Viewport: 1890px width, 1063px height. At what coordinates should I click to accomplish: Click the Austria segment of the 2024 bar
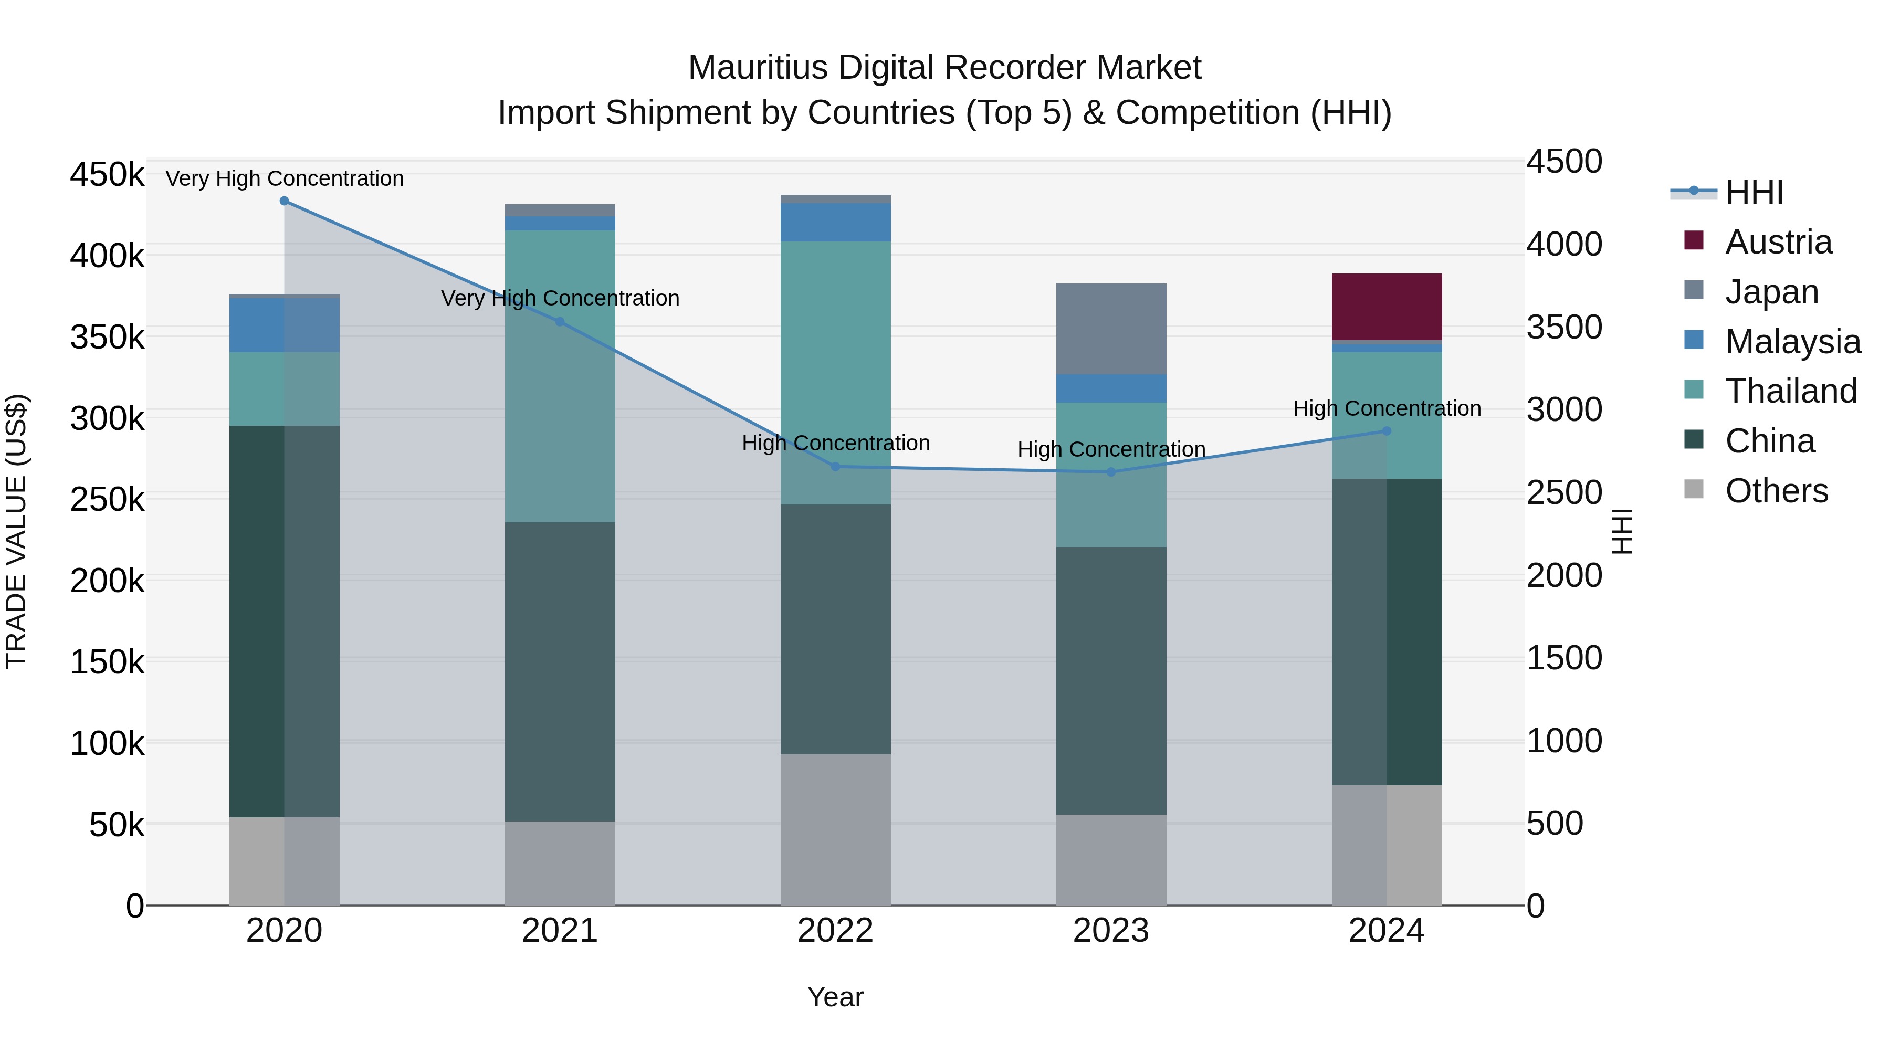[x=1386, y=307]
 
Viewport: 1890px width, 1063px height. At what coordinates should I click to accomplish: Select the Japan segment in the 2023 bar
[x=1111, y=329]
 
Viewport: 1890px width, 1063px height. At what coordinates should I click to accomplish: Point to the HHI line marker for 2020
[x=285, y=201]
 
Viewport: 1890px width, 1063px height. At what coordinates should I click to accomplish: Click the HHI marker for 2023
[x=1111, y=472]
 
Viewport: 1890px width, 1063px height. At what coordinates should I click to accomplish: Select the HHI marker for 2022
[x=835, y=467]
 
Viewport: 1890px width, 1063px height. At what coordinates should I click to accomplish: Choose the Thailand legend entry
[x=1790, y=391]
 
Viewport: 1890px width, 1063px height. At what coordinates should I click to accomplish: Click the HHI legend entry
[x=1753, y=192]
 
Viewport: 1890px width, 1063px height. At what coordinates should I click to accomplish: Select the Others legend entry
[x=1776, y=491]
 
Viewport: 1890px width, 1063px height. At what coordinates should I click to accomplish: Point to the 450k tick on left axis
[x=107, y=175]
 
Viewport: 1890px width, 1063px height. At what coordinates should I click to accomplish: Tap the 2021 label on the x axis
[x=560, y=931]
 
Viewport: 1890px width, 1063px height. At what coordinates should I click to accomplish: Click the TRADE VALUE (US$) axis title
[x=16, y=531]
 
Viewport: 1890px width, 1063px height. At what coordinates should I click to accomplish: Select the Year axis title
[x=835, y=997]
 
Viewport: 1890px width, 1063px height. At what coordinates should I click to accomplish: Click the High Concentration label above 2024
[x=1387, y=408]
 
